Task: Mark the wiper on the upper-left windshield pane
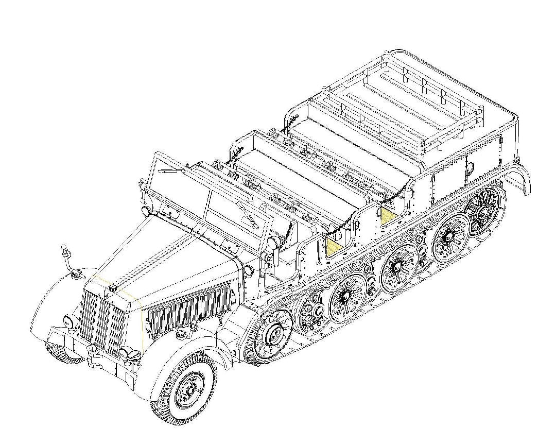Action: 170,169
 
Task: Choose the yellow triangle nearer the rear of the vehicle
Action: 388,213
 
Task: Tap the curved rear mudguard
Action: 517,175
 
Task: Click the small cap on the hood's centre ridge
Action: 107,293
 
